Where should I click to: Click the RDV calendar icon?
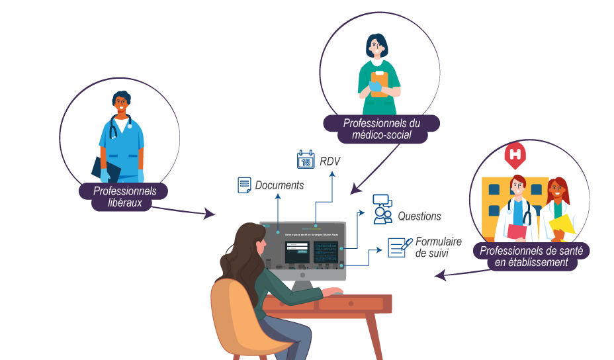coord(305,159)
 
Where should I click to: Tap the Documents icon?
coord(245,185)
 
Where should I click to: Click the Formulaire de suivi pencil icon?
coord(396,247)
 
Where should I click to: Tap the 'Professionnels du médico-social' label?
coord(382,129)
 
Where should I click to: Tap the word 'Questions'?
coord(419,216)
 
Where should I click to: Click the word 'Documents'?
coord(279,185)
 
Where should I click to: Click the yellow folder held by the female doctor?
coord(561,225)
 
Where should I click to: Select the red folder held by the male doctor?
coord(516,232)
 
